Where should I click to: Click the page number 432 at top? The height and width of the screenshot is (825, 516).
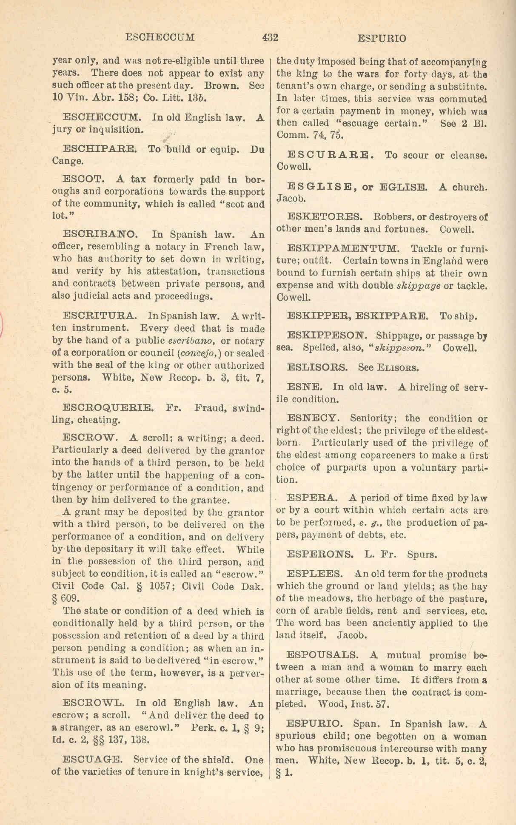pos(270,38)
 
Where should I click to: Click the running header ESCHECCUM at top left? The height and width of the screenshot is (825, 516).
pos(160,37)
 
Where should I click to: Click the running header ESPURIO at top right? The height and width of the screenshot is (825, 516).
pos(382,38)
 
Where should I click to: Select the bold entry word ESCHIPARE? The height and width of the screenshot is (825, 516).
pos(100,149)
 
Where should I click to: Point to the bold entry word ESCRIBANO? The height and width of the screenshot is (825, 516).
pos(100,234)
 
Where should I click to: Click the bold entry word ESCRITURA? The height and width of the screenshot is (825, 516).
pos(100,316)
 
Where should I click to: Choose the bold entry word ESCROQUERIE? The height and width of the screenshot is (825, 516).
pos(107,408)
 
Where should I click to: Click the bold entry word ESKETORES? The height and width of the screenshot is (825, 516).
pos(325,217)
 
